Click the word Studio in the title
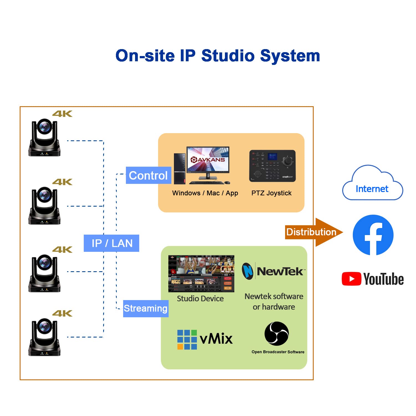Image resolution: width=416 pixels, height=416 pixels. [228, 56]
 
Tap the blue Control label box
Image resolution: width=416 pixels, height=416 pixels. [148, 175]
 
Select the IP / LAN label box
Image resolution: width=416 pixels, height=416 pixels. [111, 243]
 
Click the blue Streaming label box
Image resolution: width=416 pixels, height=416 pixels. [146, 308]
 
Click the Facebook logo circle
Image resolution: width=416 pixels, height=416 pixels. [373, 235]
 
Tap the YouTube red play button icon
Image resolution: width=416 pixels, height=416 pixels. [351, 279]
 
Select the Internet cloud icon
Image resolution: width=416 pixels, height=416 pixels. [372, 184]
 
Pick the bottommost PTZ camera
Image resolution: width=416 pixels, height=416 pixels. [44, 337]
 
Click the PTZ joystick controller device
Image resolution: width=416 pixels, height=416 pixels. [272, 166]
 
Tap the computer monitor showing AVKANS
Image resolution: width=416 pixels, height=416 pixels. [208, 160]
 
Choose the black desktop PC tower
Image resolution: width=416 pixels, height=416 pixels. [179, 169]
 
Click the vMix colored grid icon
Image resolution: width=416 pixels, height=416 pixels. [187, 339]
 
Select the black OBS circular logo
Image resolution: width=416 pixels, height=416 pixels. [277, 333]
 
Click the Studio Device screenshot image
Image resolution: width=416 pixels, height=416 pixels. [201, 273]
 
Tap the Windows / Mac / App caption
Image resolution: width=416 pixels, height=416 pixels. [205, 193]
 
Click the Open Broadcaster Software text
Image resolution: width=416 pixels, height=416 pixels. [278, 352]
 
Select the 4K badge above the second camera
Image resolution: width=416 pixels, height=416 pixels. [62, 182]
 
